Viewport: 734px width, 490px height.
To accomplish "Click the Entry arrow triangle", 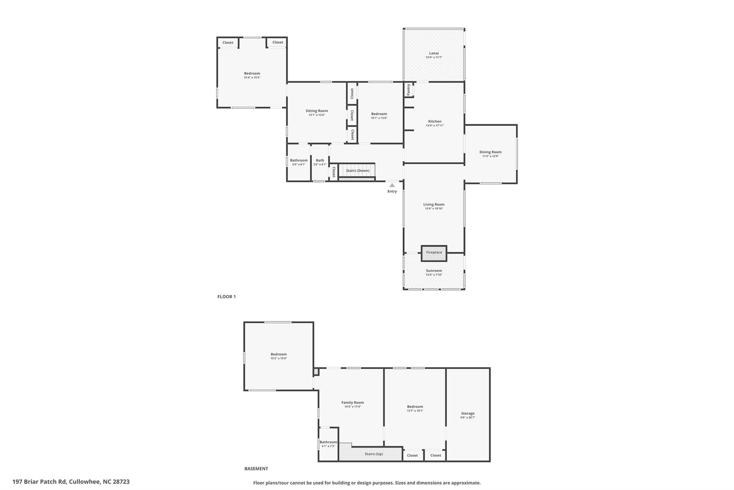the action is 392,185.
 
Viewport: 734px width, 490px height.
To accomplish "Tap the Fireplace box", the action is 434,253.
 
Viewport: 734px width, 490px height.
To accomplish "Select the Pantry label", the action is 409,89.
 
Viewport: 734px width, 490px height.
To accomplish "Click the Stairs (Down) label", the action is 358,171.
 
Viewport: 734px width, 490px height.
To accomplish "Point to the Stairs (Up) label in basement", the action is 374,454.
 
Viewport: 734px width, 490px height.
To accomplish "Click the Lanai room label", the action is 434,53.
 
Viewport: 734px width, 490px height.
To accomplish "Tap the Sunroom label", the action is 434,271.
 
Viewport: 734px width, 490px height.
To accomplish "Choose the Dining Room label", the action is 491,152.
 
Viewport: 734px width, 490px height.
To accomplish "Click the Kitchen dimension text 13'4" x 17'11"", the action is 435,126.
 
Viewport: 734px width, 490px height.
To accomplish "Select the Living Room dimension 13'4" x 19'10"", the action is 434,209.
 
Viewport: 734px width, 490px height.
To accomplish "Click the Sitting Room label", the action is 317,111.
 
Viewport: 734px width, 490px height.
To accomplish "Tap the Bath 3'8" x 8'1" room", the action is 320,162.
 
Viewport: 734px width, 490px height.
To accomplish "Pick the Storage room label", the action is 468,414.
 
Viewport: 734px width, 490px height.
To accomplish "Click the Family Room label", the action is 353,402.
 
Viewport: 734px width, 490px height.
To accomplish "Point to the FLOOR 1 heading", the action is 227,297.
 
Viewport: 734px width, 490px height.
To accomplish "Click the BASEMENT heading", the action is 256,468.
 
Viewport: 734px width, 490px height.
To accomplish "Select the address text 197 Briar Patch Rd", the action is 39,482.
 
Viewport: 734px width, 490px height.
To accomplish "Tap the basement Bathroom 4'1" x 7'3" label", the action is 328,444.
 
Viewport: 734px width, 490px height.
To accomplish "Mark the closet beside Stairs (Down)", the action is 334,172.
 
